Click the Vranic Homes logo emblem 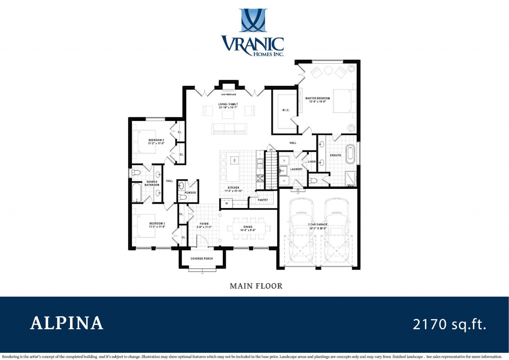(x=253, y=20)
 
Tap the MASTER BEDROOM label (x=317, y=98)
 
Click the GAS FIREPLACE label (x=229, y=95)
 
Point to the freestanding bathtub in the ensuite (x=350, y=155)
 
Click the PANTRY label (x=263, y=200)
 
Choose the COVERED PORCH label (x=202, y=259)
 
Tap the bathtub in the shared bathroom (x=136, y=193)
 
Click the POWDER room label (x=190, y=193)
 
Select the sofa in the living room (x=229, y=128)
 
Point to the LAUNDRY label (x=296, y=169)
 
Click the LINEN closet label (x=312, y=162)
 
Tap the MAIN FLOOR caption (x=256, y=286)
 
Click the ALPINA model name (x=67, y=323)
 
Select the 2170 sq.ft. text (x=449, y=324)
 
